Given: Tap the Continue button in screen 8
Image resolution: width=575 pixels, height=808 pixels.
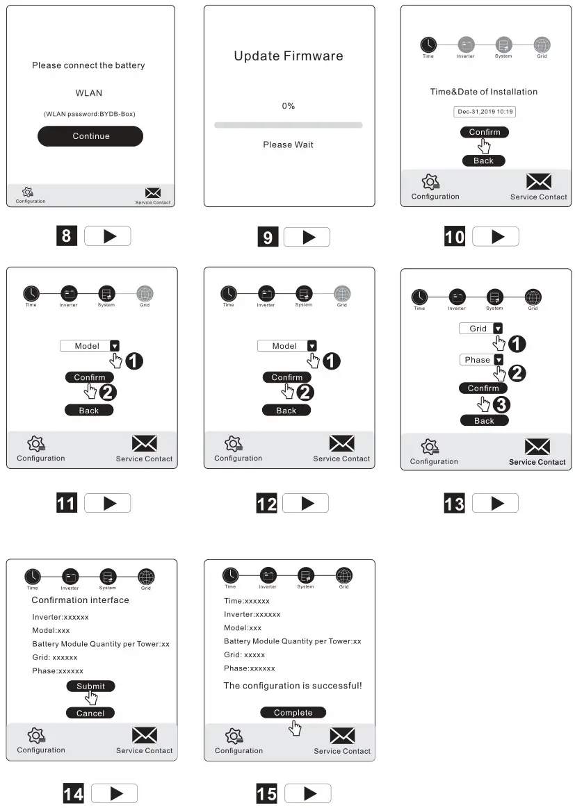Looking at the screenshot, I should [x=90, y=136].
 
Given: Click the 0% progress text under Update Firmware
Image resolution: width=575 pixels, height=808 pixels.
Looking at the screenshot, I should [x=288, y=106].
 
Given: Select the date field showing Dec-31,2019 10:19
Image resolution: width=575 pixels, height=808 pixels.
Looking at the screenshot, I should [x=484, y=111].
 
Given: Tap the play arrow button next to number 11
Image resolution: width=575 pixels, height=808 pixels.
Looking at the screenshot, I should [x=108, y=503].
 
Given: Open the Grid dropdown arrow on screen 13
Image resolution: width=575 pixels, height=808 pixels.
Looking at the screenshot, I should [x=498, y=329].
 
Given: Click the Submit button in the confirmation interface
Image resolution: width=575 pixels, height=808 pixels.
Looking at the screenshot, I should [x=90, y=686].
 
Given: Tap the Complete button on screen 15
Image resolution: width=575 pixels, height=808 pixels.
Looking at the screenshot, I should [x=293, y=713].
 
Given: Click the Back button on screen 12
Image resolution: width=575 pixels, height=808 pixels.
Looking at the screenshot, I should [x=286, y=411].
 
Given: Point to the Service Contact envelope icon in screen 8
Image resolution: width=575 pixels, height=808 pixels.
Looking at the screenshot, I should [x=153, y=192].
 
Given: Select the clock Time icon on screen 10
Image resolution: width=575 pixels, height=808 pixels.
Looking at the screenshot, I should [x=428, y=44].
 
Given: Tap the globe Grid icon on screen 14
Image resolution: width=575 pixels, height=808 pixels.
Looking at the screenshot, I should [x=146, y=576].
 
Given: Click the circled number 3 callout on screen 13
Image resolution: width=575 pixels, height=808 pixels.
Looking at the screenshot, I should [x=501, y=406].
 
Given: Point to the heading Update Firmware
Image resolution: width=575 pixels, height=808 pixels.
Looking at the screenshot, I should [x=288, y=56].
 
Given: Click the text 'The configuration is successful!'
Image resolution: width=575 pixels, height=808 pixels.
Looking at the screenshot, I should [x=292, y=686].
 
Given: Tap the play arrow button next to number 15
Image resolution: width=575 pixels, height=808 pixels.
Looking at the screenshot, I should [x=308, y=793].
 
